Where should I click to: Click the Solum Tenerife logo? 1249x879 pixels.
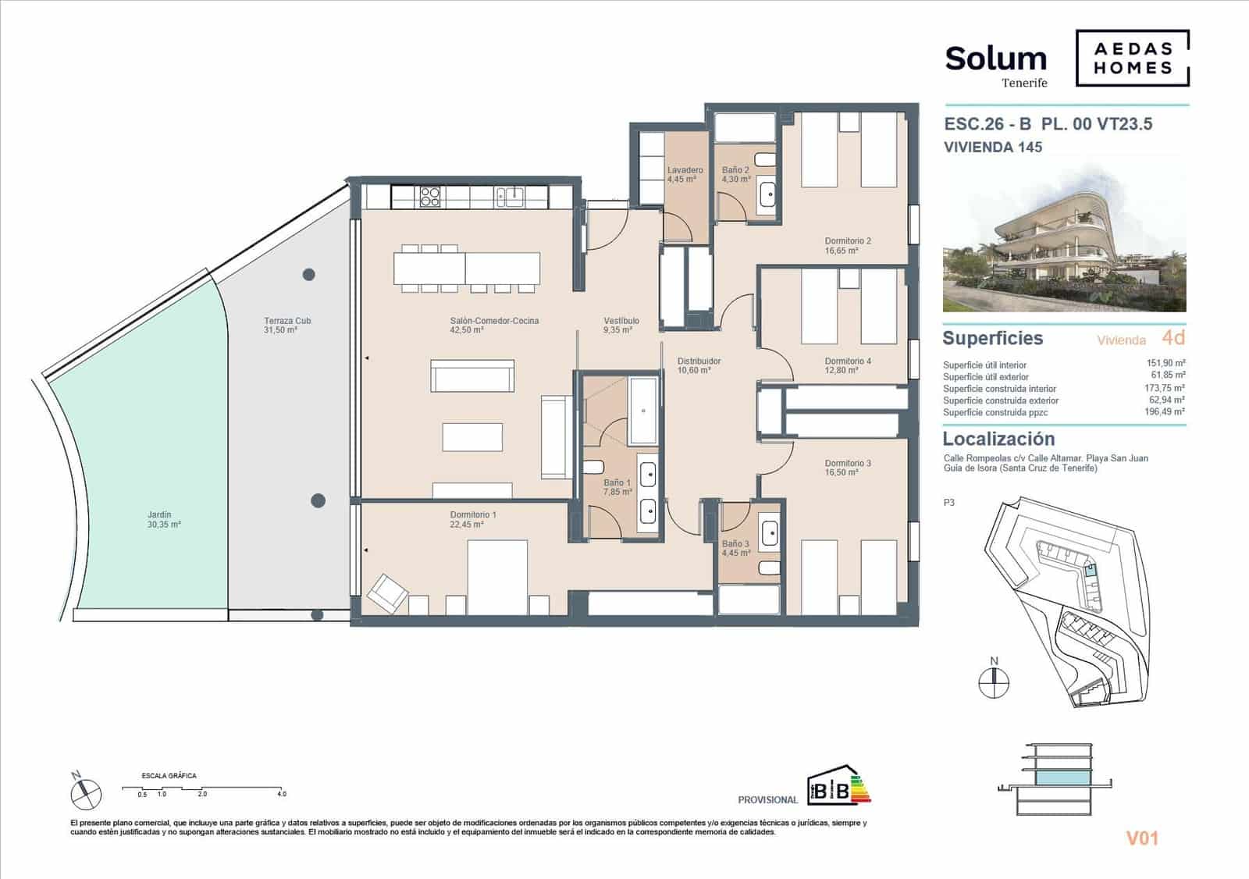click(x=996, y=64)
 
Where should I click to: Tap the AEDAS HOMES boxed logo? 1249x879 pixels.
click(x=1133, y=59)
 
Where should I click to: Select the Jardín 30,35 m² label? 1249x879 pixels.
click(x=164, y=520)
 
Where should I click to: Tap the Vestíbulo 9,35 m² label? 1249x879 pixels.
click(x=621, y=325)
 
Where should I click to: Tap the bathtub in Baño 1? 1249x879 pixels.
click(x=644, y=410)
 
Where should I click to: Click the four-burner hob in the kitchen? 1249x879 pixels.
click(x=430, y=196)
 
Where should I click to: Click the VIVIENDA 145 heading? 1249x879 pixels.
click(x=992, y=147)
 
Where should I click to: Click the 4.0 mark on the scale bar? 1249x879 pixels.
click(x=281, y=793)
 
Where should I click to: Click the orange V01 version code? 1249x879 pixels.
click(x=1141, y=838)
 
